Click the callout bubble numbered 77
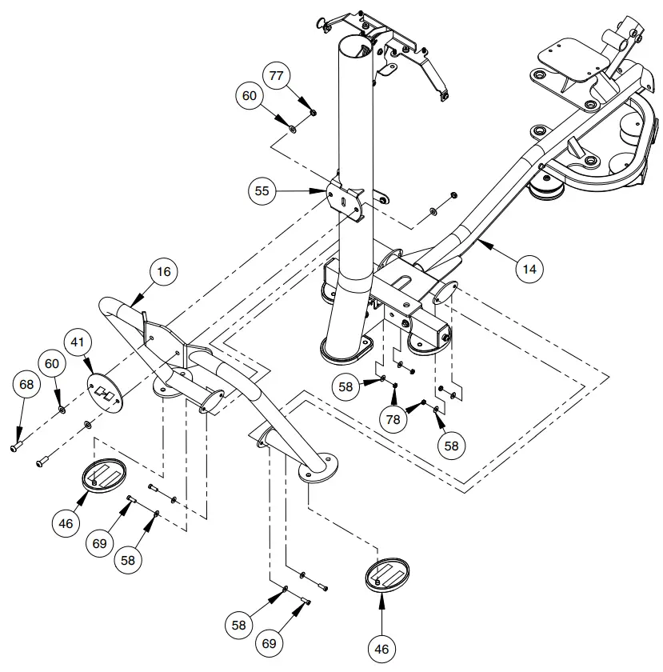click(277, 77)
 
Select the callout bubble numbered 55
click(262, 191)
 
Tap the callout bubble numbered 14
click(529, 270)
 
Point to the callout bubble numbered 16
click(163, 272)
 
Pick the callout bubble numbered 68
click(26, 385)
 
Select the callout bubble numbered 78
click(393, 418)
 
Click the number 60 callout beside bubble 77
click(250, 95)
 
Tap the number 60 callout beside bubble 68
click(52, 364)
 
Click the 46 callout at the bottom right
click(381, 649)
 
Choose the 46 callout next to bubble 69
click(66, 524)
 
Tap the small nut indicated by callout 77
click(313, 113)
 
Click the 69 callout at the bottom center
click(270, 642)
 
